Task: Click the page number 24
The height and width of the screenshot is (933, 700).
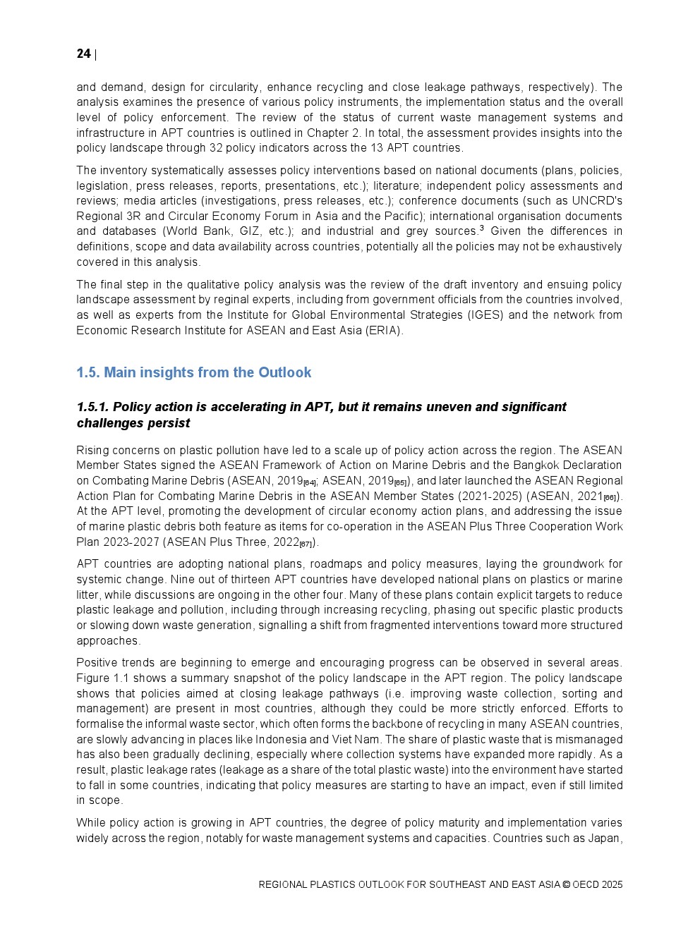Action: point(83,54)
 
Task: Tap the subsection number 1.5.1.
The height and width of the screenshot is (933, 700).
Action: point(92,407)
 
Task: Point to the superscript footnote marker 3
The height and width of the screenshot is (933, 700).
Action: point(482,228)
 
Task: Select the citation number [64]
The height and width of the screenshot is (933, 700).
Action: point(309,482)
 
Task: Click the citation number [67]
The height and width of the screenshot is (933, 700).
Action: point(306,544)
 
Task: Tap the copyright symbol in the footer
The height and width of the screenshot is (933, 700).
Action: point(566,884)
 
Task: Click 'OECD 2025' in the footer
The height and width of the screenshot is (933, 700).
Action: point(598,884)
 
